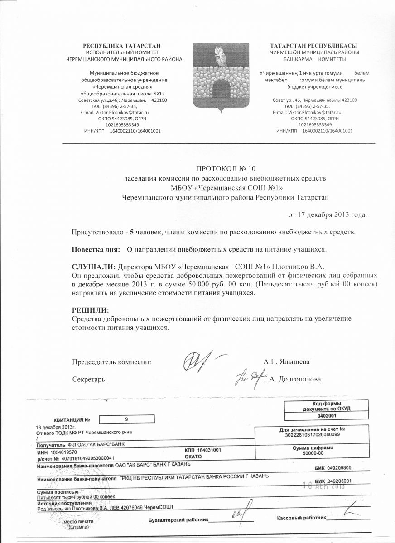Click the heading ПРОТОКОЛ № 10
tap(226, 169)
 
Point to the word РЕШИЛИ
tap(91, 310)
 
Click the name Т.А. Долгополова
tap(292, 379)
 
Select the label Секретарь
tap(90, 379)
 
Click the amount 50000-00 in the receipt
tap(313, 452)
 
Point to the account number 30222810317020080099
tap(312, 434)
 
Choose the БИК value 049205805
tap(339, 467)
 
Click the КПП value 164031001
tap(210, 451)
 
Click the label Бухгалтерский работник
tap(178, 519)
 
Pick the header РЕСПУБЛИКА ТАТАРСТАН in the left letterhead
tap(122, 46)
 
